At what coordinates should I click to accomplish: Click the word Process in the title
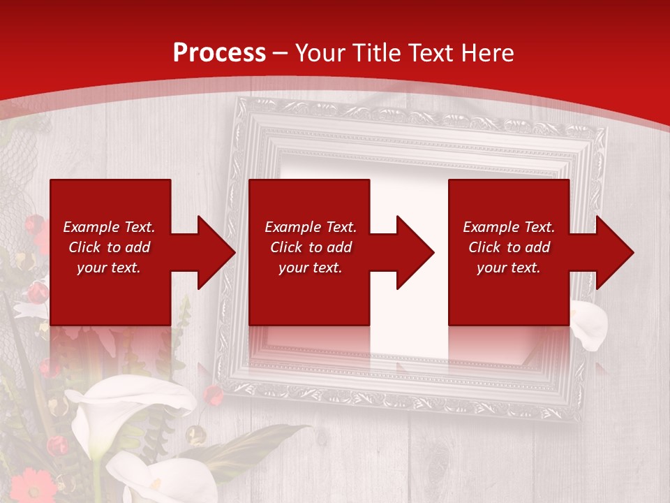[219, 53]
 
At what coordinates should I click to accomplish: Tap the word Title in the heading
[375, 53]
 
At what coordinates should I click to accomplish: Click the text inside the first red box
[110, 247]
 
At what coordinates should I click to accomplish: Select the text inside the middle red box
[311, 247]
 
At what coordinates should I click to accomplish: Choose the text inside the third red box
[509, 247]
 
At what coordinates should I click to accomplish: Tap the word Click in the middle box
[285, 247]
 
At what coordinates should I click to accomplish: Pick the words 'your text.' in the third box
[509, 268]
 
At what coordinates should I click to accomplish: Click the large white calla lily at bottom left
[133, 405]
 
